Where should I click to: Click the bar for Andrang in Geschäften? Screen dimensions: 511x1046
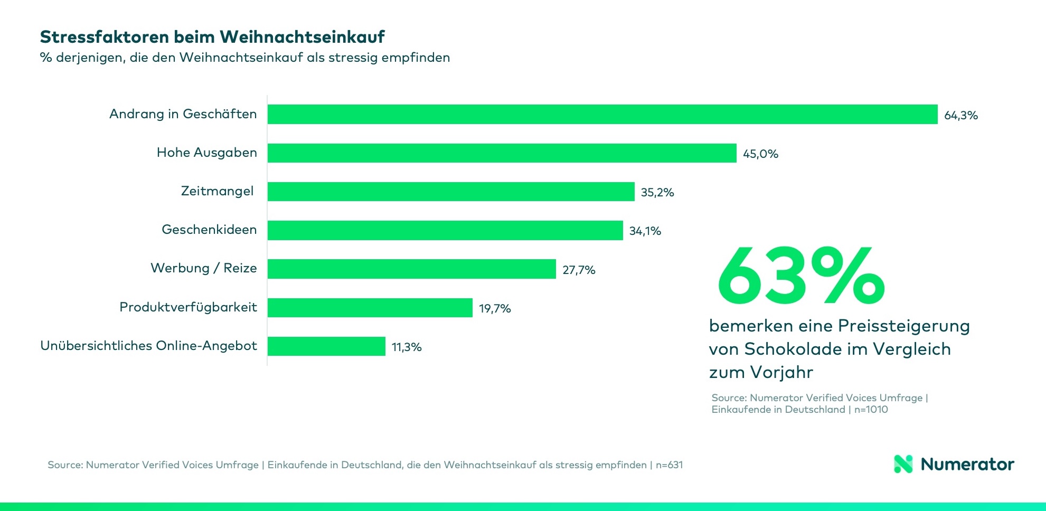coord(602,114)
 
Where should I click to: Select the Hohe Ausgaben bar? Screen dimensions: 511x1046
coord(502,153)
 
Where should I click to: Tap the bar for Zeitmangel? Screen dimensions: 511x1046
coord(450,192)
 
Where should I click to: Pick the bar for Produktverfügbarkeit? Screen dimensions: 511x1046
coord(370,308)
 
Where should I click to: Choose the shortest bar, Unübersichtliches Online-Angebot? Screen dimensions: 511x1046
coord(326,346)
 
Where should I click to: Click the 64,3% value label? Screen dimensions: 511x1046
coord(960,116)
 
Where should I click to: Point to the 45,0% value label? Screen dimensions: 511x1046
coord(760,154)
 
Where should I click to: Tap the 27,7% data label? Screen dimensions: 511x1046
coord(579,270)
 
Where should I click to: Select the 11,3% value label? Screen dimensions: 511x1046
coord(407,347)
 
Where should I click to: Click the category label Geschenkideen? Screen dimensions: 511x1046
coord(209,230)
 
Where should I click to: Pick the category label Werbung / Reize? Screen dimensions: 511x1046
coord(204,268)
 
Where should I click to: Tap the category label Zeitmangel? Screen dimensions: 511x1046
coord(217,191)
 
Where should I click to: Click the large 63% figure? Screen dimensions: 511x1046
coord(800,277)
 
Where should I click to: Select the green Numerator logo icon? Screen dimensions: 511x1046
coord(903,464)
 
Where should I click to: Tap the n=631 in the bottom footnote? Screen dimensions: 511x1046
coord(669,465)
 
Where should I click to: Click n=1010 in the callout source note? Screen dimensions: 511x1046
coord(871,410)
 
